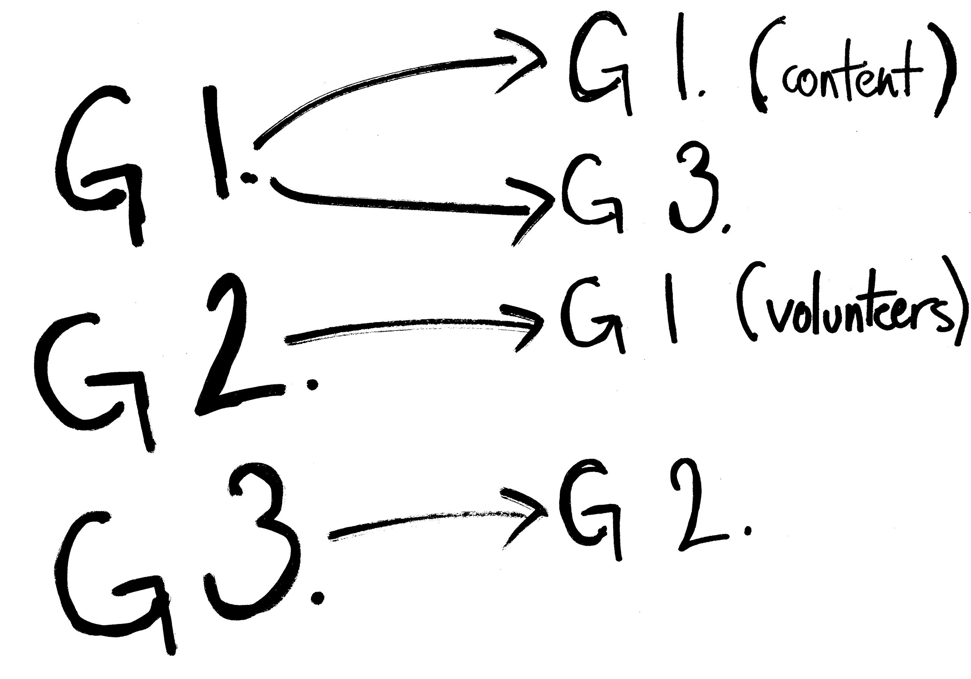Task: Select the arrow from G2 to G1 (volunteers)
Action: pyautogui.click(x=415, y=328)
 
